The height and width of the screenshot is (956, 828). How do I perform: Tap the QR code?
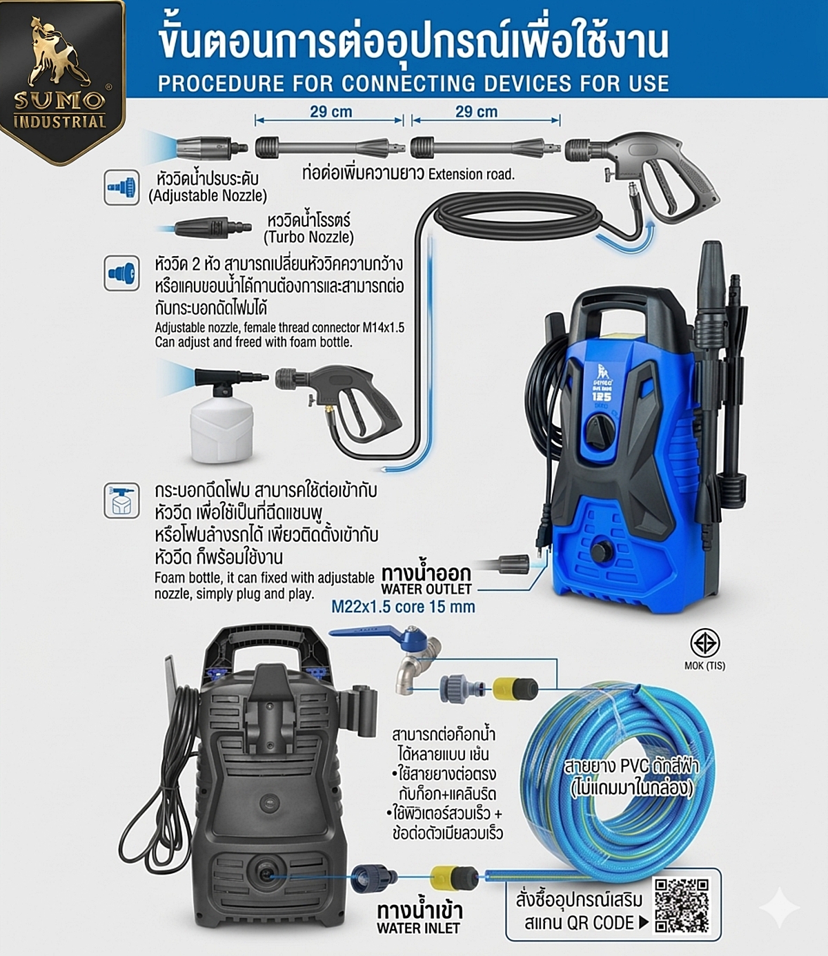[681, 905]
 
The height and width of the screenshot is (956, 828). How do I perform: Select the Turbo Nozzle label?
[308, 229]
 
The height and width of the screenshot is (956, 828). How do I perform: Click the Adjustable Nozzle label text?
[208, 188]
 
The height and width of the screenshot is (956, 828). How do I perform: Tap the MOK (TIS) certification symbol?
[704, 644]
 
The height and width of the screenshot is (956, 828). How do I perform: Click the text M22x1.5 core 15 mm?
[403, 607]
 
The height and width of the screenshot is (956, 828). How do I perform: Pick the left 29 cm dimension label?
[331, 112]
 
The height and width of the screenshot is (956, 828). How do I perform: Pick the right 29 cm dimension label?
[476, 112]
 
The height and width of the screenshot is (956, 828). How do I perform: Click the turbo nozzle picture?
[210, 227]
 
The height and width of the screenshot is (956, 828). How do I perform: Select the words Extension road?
[471, 174]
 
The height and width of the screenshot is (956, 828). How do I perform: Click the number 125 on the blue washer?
[601, 397]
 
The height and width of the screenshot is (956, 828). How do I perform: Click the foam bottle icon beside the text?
[121, 500]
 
